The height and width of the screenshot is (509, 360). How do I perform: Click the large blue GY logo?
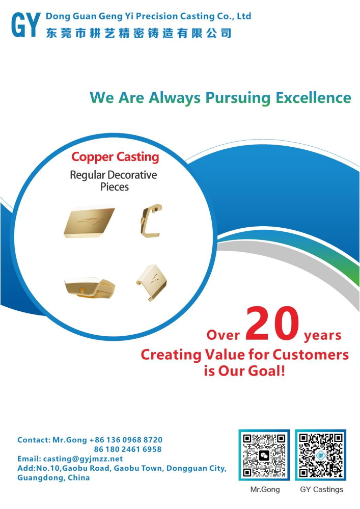pyautogui.click(x=26, y=24)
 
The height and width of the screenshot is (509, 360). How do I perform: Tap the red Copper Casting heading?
pyautogui.click(x=115, y=157)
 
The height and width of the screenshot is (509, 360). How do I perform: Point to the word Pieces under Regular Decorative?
pyautogui.click(x=115, y=187)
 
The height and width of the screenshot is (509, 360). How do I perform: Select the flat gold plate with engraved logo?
pyautogui.click(x=89, y=222)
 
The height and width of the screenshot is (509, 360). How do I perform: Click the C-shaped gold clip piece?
pyautogui.click(x=151, y=221)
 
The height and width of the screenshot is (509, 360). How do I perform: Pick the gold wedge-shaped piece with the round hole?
pyautogui.click(x=90, y=287)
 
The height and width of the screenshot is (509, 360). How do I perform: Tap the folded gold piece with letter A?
pyautogui.click(x=152, y=282)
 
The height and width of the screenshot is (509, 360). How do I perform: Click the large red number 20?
pyautogui.click(x=272, y=324)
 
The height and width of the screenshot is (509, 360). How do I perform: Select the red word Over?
pyautogui.click(x=223, y=335)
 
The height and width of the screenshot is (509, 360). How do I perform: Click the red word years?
pyautogui.click(x=323, y=336)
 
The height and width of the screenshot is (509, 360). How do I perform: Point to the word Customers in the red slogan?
pyautogui.click(x=311, y=355)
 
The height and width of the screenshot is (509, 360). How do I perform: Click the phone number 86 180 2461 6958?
pyautogui.click(x=128, y=449)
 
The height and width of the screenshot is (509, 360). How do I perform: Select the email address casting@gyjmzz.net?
pyautogui.click(x=83, y=459)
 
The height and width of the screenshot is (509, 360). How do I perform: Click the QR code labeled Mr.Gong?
pyautogui.click(x=264, y=455)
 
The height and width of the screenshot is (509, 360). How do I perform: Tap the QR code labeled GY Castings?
pyautogui.click(x=320, y=455)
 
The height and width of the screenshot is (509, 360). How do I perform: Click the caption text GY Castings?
pyautogui.click(x=322, y=489)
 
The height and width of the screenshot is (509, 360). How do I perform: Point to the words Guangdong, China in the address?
pyautogui.click(x=53, y=477)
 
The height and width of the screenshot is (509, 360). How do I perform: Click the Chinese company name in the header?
pyautogui.click(x=139, y=33)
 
